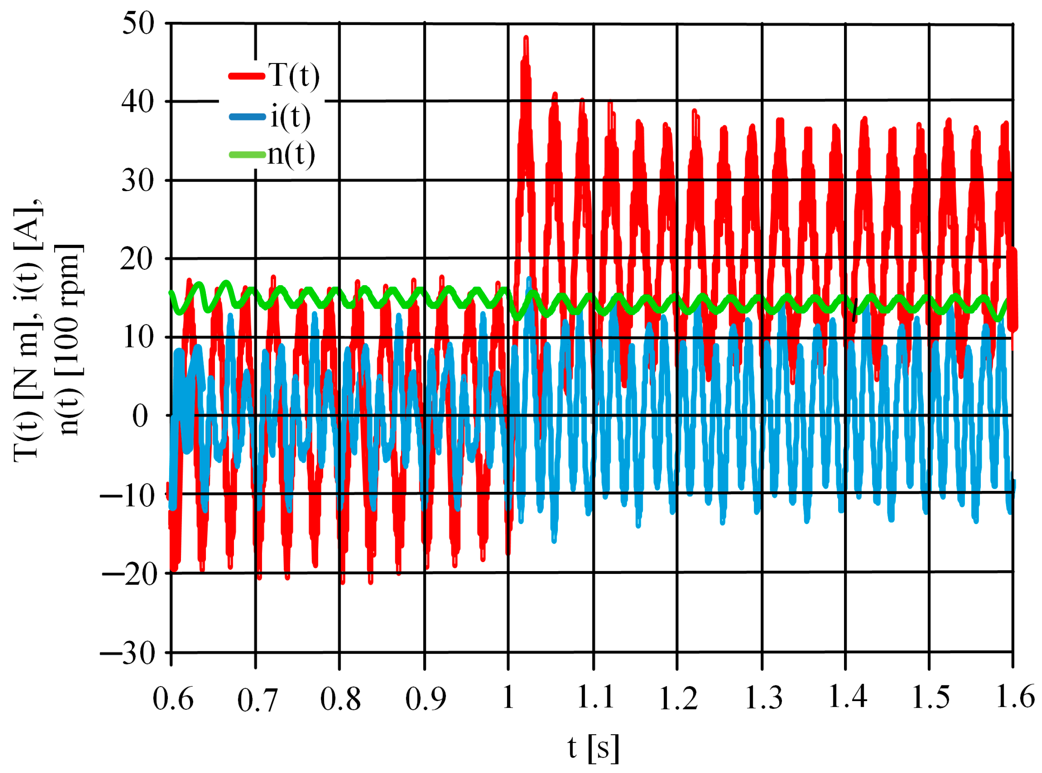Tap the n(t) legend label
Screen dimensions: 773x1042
click(291, 154)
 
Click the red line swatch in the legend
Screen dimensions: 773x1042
click(247, 76)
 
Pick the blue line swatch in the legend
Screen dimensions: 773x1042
click(247, 117)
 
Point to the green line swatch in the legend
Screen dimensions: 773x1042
click(247, 154)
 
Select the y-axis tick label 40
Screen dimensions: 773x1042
click(138, 102)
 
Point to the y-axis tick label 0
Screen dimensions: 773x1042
click(140, 416)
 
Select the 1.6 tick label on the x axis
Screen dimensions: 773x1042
click(1015, 697)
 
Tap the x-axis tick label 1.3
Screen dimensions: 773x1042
click(763, 698)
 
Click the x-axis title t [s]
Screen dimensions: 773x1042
click(593, 747)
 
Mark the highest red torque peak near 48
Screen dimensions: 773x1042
click(526, 38)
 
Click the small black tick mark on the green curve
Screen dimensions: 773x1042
click(855, 310)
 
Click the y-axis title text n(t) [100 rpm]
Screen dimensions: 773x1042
click(70, 339)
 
